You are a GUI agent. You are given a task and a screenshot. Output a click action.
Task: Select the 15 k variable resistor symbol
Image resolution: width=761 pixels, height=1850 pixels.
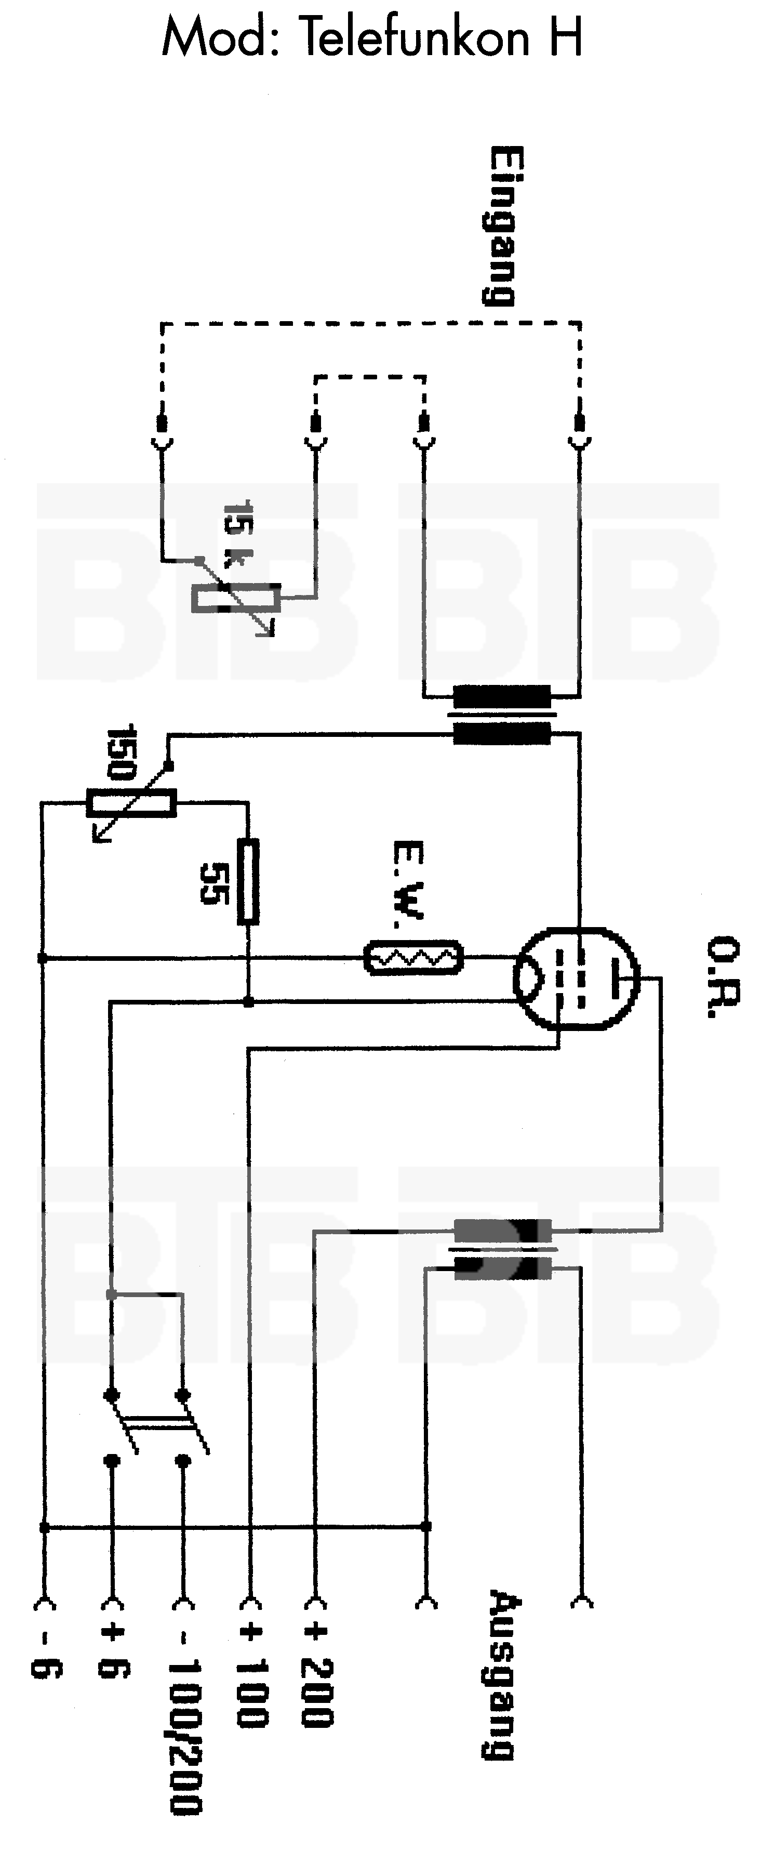click(233, 598)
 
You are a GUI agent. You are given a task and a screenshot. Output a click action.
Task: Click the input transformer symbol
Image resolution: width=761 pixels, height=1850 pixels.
click(502, 715)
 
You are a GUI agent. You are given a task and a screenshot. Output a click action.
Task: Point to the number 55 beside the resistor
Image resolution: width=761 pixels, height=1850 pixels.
click(214, 882)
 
